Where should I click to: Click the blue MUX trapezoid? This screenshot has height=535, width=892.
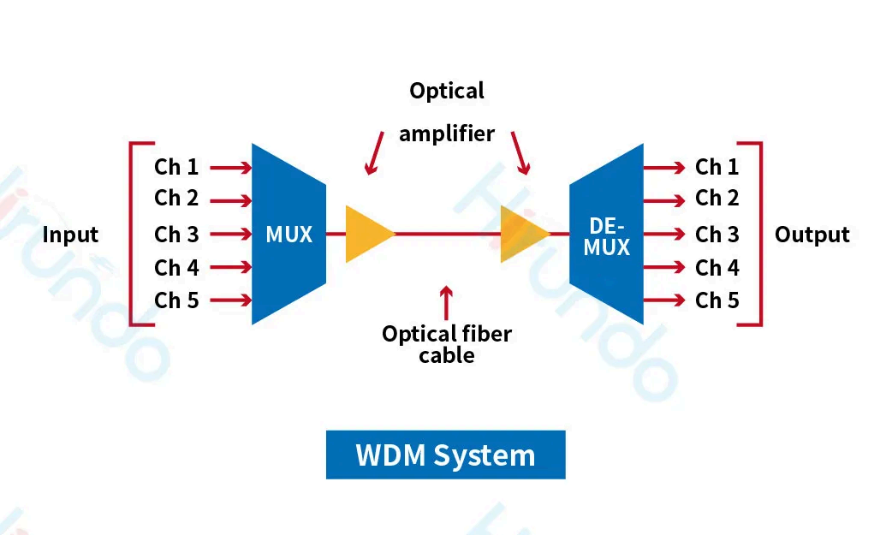[288, 234]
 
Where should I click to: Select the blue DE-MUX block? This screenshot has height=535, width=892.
[607, 235]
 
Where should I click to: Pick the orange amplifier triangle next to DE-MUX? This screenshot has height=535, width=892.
[523, 234]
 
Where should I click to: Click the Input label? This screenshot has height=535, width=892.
[70, 235]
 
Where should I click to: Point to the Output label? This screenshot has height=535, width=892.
[812, 235]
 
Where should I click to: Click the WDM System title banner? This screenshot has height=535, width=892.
[445, 455]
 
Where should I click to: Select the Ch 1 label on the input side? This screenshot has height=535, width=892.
[176, 167]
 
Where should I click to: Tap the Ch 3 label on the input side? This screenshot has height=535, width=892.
[176, 234]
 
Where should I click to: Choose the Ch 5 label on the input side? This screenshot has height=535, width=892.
[176, 300]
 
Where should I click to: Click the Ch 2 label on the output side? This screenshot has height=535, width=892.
[717, 199]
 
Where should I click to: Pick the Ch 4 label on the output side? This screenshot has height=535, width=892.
[717, 268]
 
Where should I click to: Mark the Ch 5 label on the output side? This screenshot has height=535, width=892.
[717, 300]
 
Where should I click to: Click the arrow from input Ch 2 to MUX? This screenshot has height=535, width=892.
[230, 201]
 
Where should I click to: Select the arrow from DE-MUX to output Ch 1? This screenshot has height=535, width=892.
[664, 168]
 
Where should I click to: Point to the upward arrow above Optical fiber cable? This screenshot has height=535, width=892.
[445, 302]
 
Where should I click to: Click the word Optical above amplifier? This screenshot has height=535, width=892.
[446, 91]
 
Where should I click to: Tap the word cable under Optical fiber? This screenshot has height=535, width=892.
[446, 355]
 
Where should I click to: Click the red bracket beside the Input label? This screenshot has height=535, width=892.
[132, 234]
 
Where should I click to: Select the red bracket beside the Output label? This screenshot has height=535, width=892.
[759, 234]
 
